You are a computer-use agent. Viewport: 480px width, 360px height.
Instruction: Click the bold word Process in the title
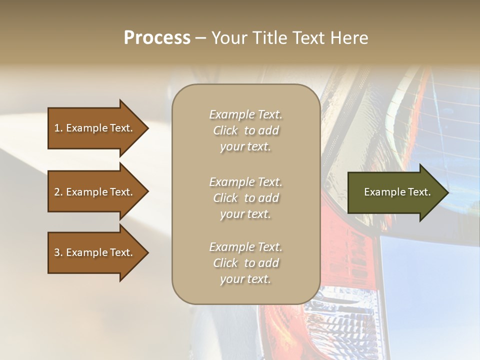pos(157,38)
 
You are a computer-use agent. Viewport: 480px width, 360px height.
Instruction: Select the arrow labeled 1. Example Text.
pos(95,128)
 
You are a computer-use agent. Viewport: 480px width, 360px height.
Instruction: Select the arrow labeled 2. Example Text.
pos(95,192)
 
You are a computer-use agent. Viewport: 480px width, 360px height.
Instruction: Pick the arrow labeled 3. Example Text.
pos(95,252)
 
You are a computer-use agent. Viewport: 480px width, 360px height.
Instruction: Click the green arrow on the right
pos(395,192)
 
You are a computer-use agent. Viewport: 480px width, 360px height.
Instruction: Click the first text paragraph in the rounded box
pos(245,130)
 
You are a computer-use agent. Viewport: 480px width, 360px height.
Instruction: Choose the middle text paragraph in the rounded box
pos(245,198)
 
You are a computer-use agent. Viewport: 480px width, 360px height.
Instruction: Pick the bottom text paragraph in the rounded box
pos(245,263)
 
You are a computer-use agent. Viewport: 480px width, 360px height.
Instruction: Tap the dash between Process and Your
pos(200,38)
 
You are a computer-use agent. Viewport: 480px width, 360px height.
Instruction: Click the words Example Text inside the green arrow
pos(397,192)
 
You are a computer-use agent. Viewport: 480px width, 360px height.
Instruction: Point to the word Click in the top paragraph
pos(225,131)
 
